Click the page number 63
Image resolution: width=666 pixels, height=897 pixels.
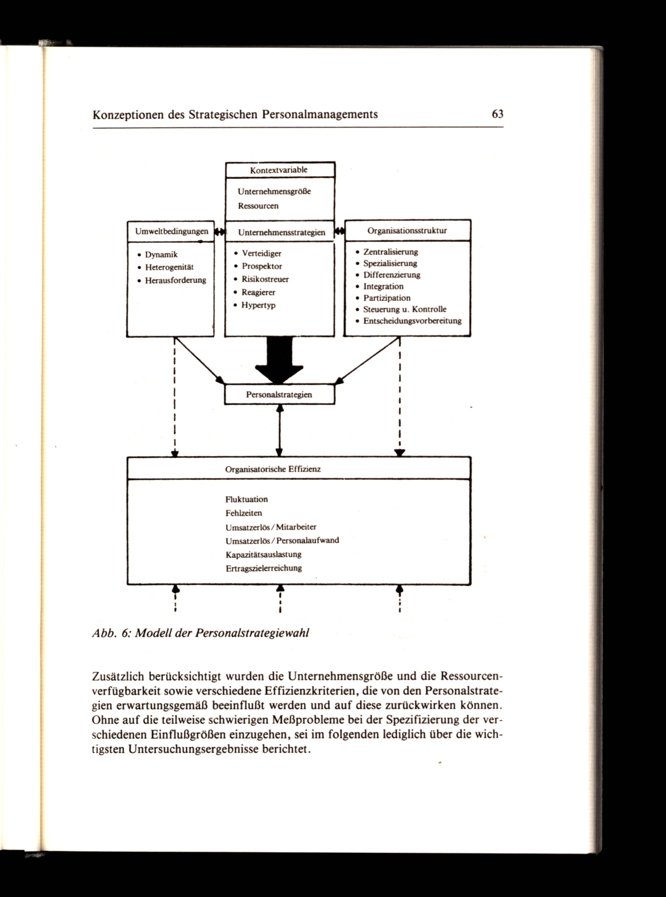498,114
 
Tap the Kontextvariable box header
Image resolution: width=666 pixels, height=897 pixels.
279,170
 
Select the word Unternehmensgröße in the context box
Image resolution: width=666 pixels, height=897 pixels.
274,191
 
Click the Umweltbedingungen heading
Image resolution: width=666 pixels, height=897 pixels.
172,231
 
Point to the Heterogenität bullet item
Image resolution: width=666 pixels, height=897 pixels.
169,267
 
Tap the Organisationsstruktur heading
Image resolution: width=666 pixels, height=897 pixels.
407,231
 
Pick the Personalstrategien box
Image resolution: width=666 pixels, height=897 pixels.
279,395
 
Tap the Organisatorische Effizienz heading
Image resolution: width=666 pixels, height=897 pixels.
273,469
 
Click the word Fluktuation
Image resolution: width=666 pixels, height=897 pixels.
246,499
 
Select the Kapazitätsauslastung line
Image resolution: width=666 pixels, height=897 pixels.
264,554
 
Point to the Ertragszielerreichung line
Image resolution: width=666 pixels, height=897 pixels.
264,568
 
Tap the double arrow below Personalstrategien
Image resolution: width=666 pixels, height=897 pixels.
279,431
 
